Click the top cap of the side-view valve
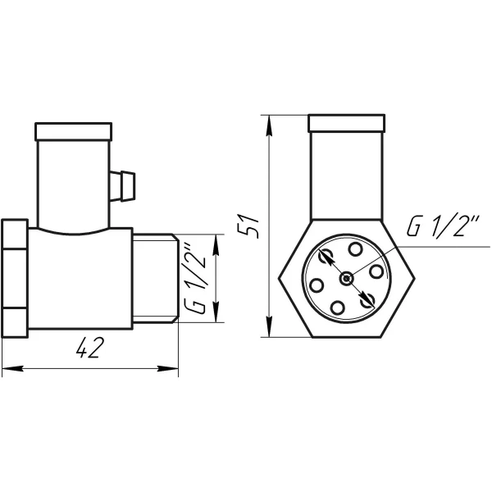(73, 130)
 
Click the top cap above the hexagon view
(347, 124)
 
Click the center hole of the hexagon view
(348, 279)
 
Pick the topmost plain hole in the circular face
(355, 248)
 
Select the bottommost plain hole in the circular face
(339, 308)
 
